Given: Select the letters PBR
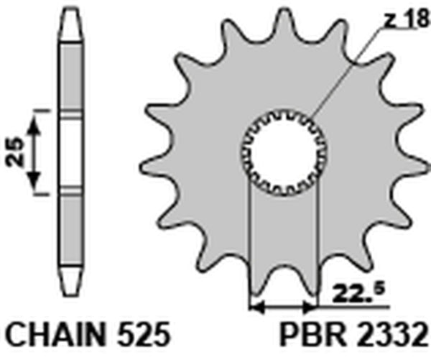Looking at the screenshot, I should coord(309,335).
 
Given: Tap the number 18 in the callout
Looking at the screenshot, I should coord(412,22).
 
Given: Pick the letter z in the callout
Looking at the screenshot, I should coord(387,23).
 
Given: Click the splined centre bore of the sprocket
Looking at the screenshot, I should coord(282,152).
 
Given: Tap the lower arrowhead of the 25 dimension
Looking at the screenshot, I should coord(34,185).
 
